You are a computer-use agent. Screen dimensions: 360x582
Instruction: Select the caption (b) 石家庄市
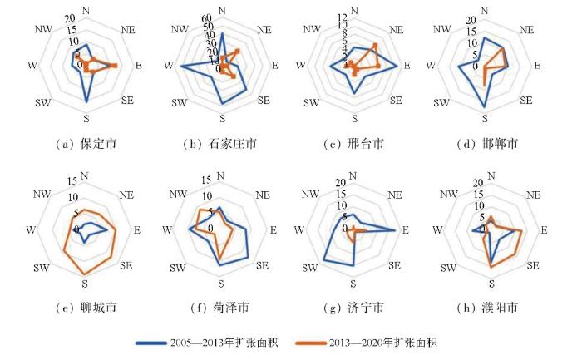219,144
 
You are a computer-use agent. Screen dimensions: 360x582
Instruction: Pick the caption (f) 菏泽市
219,308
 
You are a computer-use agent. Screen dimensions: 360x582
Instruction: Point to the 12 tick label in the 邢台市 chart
342,17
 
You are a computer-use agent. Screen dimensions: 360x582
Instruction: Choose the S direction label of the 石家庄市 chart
219,116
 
